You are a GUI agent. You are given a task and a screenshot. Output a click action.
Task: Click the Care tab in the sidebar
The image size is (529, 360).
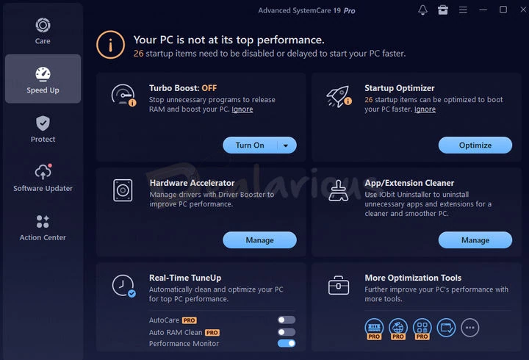pos(43,31)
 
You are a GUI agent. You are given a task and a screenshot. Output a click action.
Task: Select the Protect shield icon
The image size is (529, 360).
pos(43,123)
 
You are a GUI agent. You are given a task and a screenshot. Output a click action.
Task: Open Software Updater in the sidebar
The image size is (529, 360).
pos(43,178)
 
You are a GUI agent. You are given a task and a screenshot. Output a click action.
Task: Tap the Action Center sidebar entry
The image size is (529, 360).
pos(43,228)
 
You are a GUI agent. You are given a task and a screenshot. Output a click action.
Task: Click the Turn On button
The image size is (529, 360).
pos(250,145)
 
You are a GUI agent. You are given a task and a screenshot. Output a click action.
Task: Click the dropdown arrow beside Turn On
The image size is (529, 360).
pos(286,145)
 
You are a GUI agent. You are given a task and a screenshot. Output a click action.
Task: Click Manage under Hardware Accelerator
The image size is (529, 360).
pos(260,240)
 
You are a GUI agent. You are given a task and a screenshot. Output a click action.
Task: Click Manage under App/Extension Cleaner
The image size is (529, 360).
pos(475,240)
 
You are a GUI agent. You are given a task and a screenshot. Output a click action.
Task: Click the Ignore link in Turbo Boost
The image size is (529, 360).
pos(242,109)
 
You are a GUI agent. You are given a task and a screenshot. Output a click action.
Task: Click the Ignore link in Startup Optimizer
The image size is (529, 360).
pos(425,109)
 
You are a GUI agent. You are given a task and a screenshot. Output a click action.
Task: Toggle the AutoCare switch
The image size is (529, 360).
pos(287,320)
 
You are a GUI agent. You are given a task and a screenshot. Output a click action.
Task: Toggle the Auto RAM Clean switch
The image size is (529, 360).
pos(287,332)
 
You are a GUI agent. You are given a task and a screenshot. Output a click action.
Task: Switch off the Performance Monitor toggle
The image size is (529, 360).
pos(287,343)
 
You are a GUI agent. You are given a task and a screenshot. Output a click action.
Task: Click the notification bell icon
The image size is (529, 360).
pos(422,10)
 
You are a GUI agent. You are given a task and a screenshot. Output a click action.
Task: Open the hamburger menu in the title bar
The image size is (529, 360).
pos(463,10)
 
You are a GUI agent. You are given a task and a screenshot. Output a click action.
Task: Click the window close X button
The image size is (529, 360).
pos(523,10)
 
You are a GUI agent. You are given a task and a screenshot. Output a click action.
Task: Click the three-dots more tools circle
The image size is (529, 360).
pos(470,328)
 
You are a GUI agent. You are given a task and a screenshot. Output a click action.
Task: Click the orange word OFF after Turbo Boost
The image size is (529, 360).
pos(209,88)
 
